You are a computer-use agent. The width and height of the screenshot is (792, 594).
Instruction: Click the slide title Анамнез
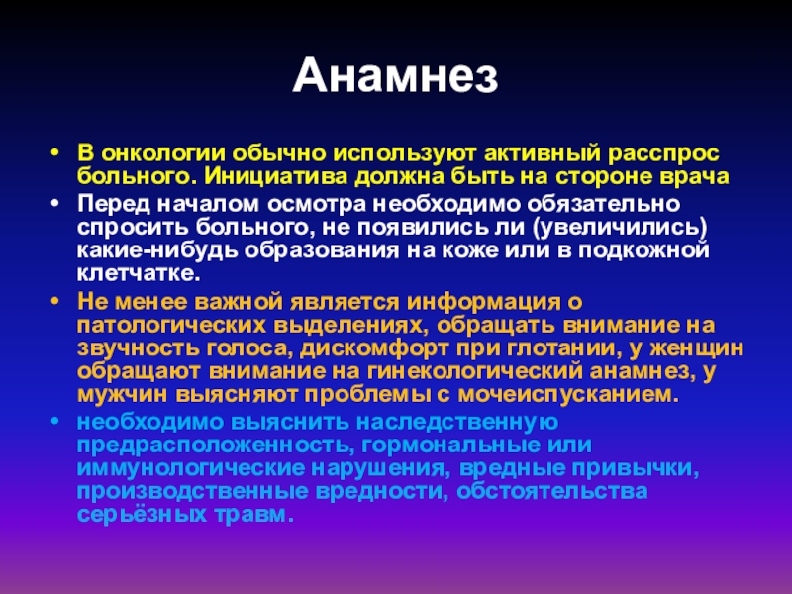pos(395,76)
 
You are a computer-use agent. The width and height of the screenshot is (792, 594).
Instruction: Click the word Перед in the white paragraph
pos(114,205)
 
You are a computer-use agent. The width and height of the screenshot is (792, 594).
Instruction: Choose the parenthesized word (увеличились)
pos(620,228)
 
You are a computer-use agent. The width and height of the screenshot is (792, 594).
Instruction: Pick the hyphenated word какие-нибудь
pos(157,250)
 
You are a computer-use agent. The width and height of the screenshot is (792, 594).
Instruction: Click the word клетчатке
pos(139,274)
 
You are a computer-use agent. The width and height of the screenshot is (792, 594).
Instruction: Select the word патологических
pos(171,326)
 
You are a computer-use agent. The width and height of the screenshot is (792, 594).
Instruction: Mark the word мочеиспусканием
pos(568,395)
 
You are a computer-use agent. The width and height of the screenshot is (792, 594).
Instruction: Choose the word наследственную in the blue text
pos(457,422)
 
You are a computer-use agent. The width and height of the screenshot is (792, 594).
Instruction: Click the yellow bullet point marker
pos(55,153)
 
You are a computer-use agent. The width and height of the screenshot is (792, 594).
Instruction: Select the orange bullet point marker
pos(55,302)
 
